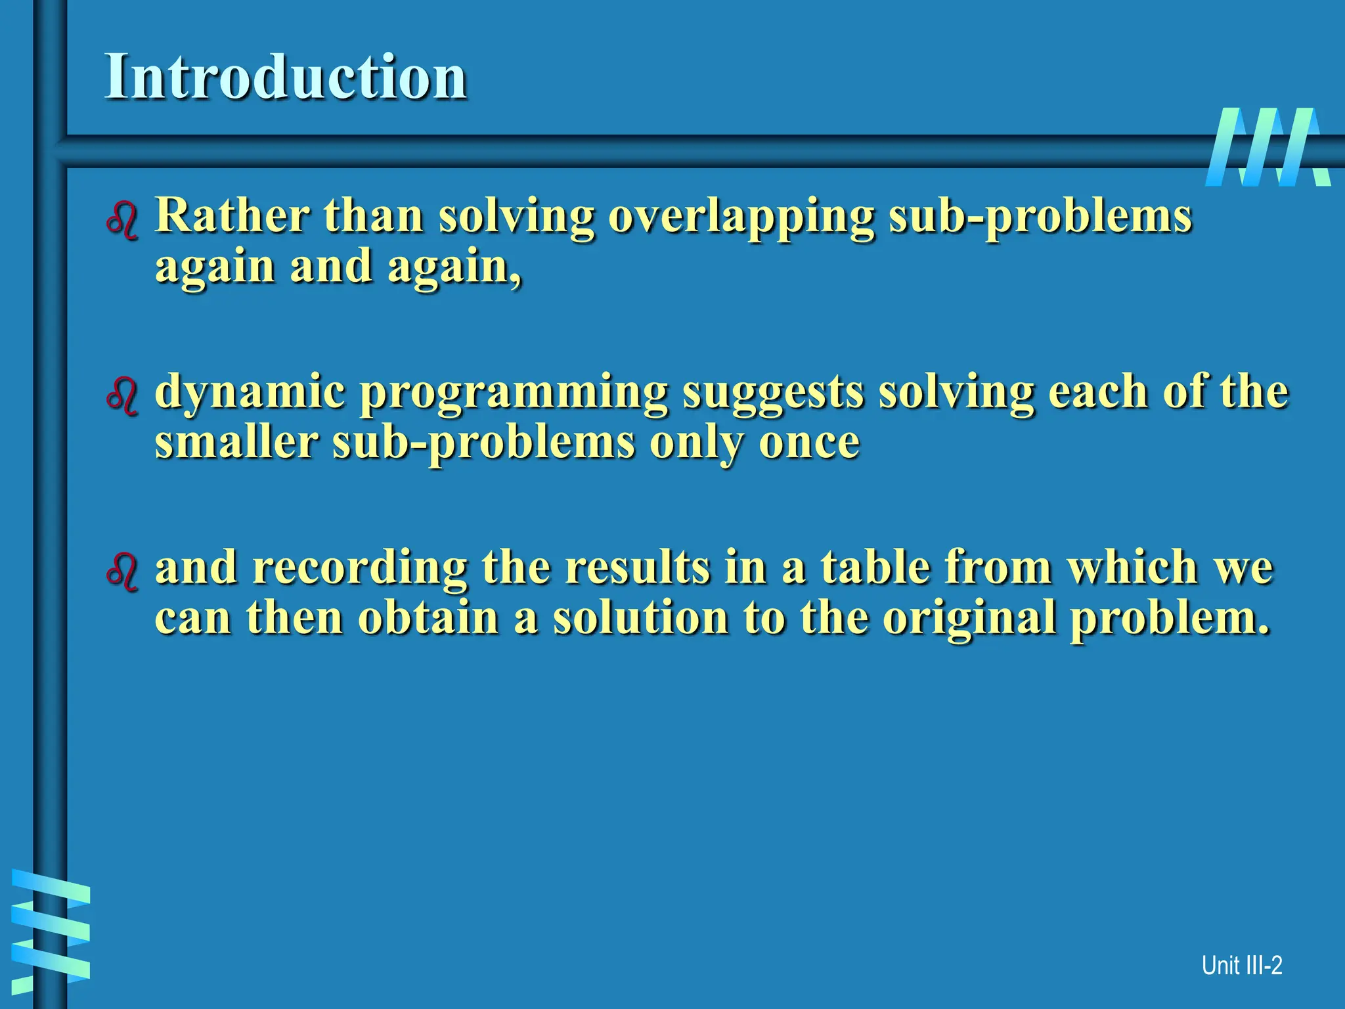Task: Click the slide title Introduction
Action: (286, 77)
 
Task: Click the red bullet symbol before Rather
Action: (122, 221)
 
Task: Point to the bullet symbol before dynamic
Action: (122, 396)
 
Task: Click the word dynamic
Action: (250, 392)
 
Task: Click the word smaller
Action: (236, 441)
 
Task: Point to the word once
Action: (808, 443)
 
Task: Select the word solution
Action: (640, 617)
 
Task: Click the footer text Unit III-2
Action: (1241, 966)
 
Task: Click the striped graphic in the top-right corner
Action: (1268, 147)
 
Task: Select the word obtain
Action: (428, 617)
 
